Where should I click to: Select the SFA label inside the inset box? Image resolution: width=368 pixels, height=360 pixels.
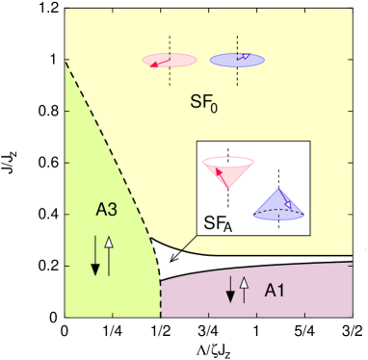tap(216, 224)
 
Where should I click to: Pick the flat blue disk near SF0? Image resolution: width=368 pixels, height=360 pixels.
tap(237, 60)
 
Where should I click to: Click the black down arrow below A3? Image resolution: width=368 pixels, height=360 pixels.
tap(95, 256)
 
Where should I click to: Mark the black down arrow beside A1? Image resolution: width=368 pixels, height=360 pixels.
tap(230, 290)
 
